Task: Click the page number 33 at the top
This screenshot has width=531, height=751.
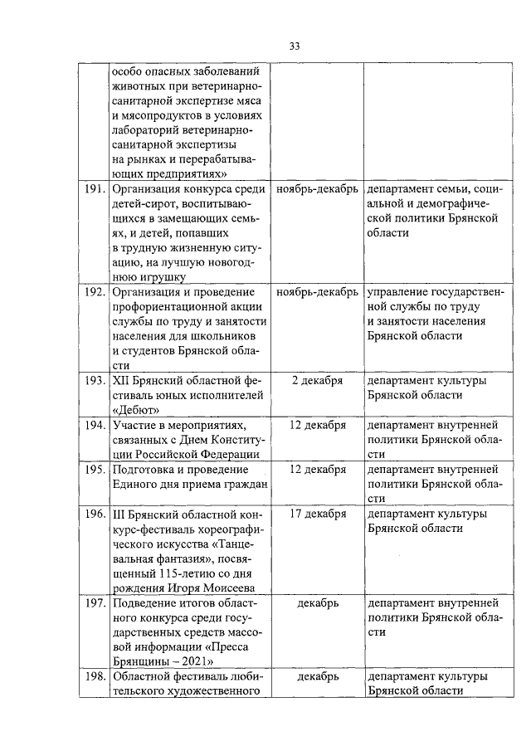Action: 294,45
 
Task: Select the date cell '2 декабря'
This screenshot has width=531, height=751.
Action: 317,381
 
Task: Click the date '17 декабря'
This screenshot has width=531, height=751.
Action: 317,514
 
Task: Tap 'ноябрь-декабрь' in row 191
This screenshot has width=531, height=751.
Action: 317,188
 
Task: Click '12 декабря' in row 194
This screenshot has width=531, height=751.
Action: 317,426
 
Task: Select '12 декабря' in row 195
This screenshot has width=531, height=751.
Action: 317,470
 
